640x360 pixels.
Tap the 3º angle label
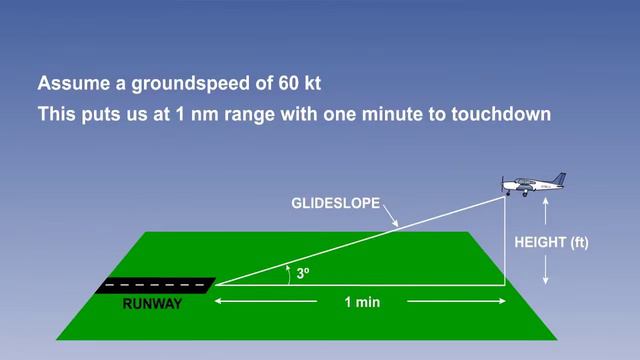click(302, 272)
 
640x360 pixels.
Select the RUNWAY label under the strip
click(153, 304)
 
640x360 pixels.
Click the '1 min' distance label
click(361, 302)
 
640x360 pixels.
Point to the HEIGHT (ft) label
click(551, 242)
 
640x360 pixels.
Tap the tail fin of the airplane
click(558, 179)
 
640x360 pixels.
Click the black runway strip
click(155, 285)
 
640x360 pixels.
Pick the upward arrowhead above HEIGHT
click(545, 202)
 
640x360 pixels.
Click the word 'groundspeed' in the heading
click(167, 83)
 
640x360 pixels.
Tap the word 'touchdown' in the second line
click(501, 114)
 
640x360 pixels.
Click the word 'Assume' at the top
click(67, 83)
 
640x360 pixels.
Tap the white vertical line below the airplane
click(504, 240)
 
